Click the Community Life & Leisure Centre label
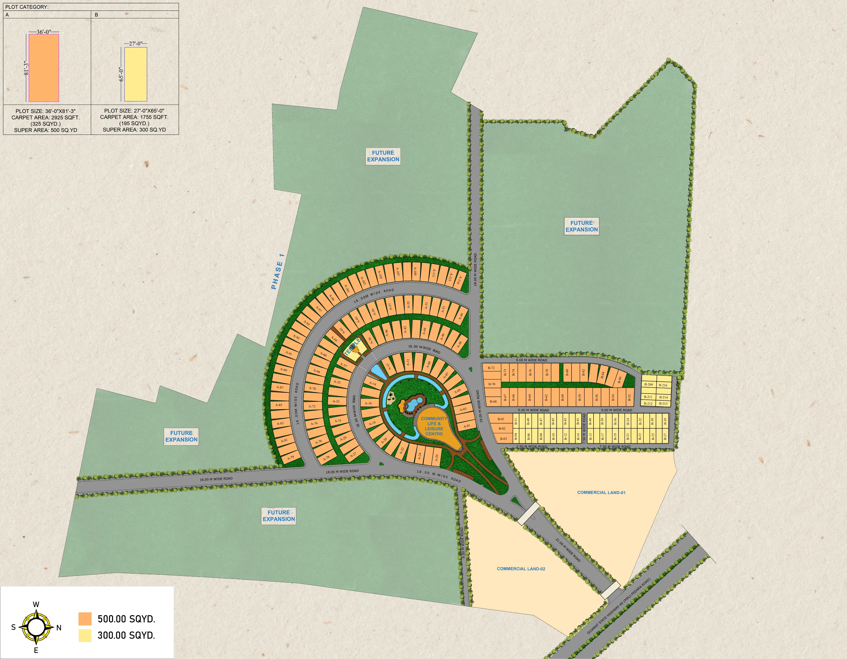coord(434,426)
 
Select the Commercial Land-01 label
coord(601,492)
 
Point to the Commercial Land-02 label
coord(521,569)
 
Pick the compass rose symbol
coord(36,627)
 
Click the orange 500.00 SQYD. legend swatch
coord(85,619)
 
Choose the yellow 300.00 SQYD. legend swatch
coord(85,635)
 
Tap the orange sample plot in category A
coord(44,68)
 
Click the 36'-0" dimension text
coord(44,32)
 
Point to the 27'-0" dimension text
coord(136,44)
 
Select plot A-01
coord(466,426)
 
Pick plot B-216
coord(663,385)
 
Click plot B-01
coord(501,419)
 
